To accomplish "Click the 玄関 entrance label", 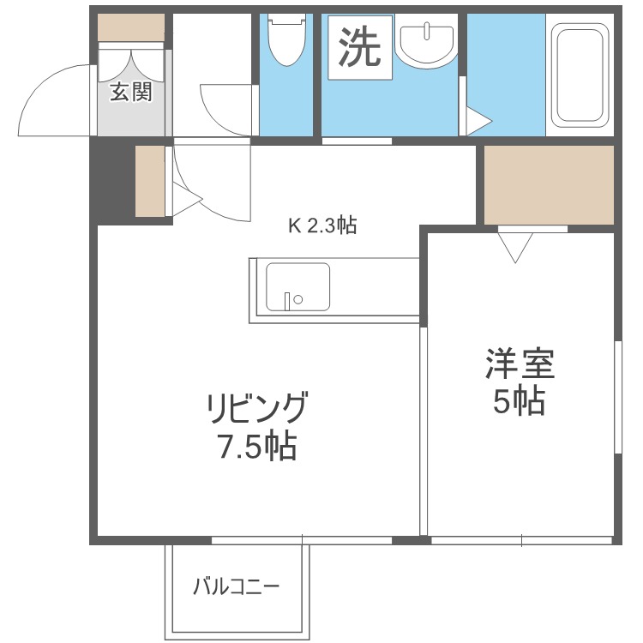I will click(x=130, y=92).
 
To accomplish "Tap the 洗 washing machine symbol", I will click(x=358, y=47).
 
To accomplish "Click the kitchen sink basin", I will click(x=297, y=287).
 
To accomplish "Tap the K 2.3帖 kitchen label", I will click(x=321, y=226).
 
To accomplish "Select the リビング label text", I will click(x=255, y=409).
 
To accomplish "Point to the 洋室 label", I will click(x=520, y=365).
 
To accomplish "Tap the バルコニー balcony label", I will click(x=236, y=588).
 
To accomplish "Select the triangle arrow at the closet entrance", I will click(x=515, y=249).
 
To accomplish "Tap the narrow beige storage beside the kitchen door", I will click(x=149, y=181).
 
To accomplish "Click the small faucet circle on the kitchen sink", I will click(x=298, y=300).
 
